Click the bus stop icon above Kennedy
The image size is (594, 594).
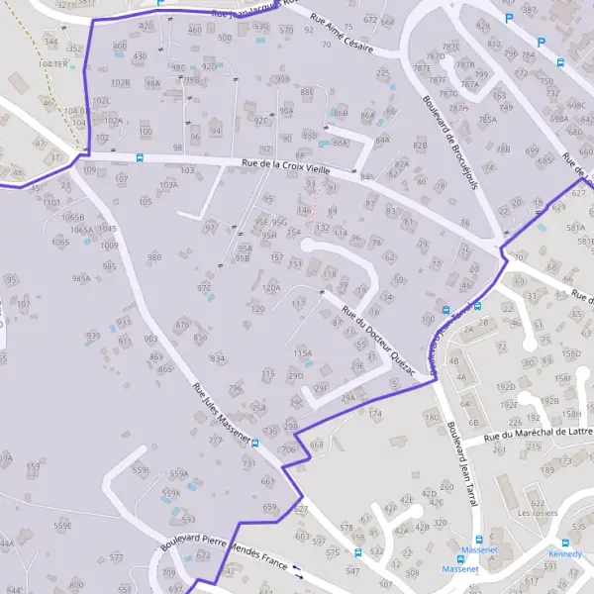point(565,543)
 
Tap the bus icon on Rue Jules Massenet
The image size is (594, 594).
point(255,443)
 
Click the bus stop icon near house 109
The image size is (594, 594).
point(140,156)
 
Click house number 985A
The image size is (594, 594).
point(81,279)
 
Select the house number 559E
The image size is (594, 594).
point(62,525)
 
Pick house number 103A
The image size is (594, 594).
point(168,184)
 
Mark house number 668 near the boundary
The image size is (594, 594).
point(316,445)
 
